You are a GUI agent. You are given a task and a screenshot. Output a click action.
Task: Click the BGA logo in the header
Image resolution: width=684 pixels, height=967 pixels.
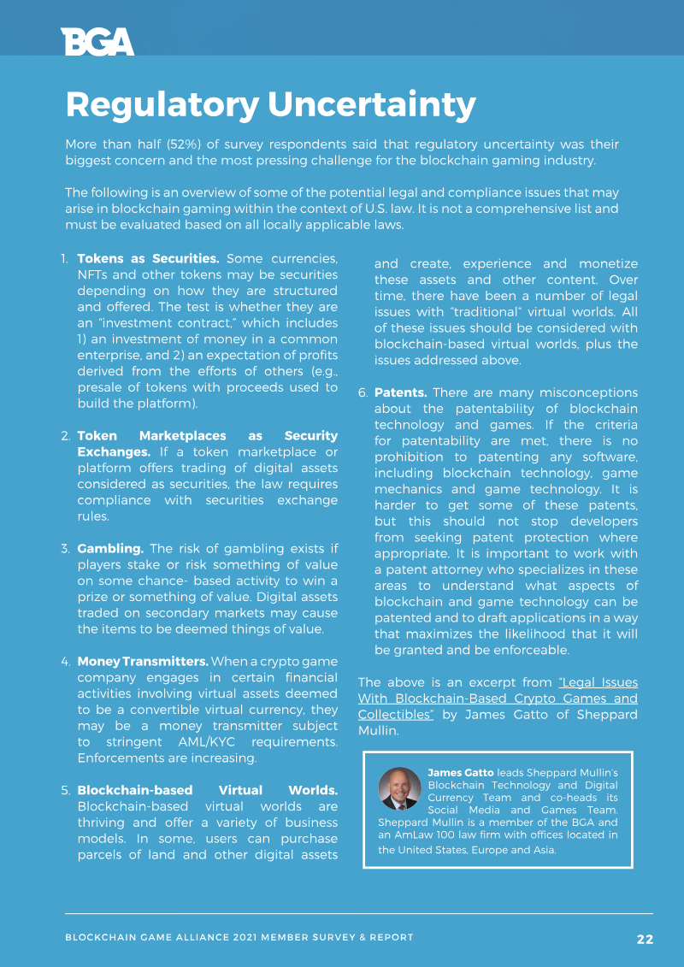97,41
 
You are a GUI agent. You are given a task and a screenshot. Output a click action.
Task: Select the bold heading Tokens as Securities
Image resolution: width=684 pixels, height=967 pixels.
148,258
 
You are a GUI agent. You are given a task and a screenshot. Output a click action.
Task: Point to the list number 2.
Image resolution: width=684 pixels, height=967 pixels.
66,436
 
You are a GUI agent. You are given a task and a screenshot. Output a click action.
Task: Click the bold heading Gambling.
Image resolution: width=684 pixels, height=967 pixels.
110,548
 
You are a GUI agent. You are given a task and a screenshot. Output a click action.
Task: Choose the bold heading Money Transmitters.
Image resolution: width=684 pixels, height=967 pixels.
143,662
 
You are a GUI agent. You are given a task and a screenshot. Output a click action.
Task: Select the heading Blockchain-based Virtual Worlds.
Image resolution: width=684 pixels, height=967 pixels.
207,790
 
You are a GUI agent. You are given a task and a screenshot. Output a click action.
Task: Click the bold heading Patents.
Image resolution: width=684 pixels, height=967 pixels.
400,392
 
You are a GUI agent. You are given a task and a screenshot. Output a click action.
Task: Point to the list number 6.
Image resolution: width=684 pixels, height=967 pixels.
363,392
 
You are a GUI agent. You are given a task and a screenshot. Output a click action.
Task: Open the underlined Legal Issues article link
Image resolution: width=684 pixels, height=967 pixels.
498,698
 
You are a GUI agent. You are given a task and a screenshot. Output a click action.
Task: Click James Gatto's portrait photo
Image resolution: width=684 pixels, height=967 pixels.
399,788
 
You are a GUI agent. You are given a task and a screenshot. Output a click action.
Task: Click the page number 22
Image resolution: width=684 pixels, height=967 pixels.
645,939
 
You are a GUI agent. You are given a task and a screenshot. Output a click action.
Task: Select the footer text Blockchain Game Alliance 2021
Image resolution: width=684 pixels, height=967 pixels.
161,938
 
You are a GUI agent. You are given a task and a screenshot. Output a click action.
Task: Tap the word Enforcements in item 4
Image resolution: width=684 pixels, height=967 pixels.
118,758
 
